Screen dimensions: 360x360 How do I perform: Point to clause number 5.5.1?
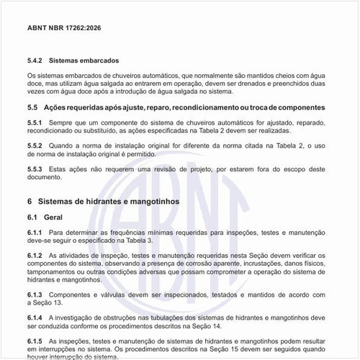(36, 123)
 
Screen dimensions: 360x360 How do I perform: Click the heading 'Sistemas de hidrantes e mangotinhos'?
(108, 201)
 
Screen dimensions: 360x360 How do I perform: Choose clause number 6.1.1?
(36, 233)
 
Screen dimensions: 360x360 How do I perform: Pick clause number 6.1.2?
(36, 256)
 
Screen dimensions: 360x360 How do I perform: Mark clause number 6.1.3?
(36, 295)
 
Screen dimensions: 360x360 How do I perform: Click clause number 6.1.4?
(36, 318)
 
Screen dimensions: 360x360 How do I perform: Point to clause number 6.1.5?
(36, 341)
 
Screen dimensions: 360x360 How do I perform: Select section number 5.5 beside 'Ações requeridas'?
(32, 107)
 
